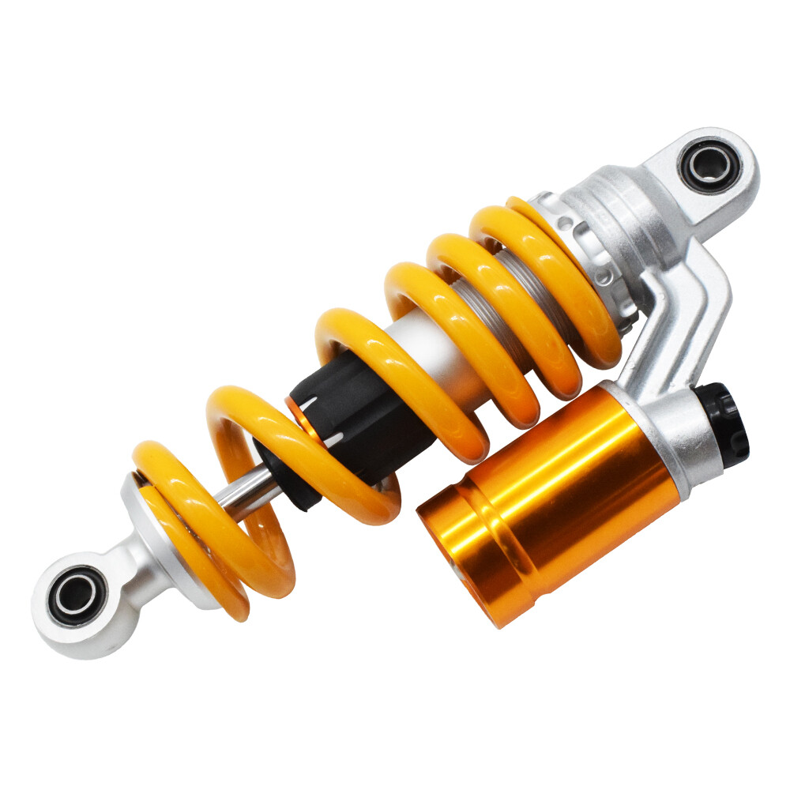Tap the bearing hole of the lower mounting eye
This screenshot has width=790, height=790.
77,594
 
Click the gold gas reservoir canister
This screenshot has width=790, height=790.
553,498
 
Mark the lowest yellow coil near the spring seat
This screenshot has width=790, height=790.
197,545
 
